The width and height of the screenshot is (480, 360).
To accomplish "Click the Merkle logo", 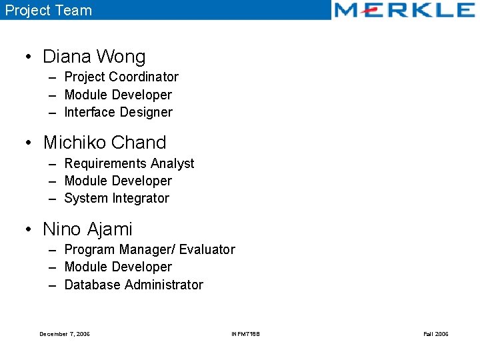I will point(404,10).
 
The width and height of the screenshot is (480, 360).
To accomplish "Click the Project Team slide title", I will point(49,10).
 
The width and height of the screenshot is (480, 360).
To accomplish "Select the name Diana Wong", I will point(94,57).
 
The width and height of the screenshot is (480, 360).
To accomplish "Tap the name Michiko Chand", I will point(105,143).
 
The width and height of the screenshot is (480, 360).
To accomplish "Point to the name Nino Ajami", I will point(88,229).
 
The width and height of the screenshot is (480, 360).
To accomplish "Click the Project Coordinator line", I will point(121,77).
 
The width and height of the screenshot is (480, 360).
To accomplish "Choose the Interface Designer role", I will point(118,112).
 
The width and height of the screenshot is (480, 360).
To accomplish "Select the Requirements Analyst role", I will point(129,163).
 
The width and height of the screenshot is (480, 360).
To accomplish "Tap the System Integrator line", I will point(117,198).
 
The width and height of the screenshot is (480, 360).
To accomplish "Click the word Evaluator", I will point(207,249).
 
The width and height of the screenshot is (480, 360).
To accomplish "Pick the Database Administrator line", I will point(133,285).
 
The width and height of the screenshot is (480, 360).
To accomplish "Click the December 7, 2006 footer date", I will point(65,334).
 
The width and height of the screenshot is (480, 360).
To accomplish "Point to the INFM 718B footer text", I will point(245,334).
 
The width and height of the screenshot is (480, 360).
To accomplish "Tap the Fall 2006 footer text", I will point(436,334).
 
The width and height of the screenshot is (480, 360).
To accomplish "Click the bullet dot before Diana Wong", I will point(30,57).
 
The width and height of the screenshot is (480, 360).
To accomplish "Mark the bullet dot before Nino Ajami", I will point(30,230).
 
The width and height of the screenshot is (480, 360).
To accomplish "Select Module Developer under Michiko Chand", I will point(118,181).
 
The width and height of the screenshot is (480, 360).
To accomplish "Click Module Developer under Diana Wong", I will point(118,95).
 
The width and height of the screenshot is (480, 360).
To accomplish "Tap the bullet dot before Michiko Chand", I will point(30,143).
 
